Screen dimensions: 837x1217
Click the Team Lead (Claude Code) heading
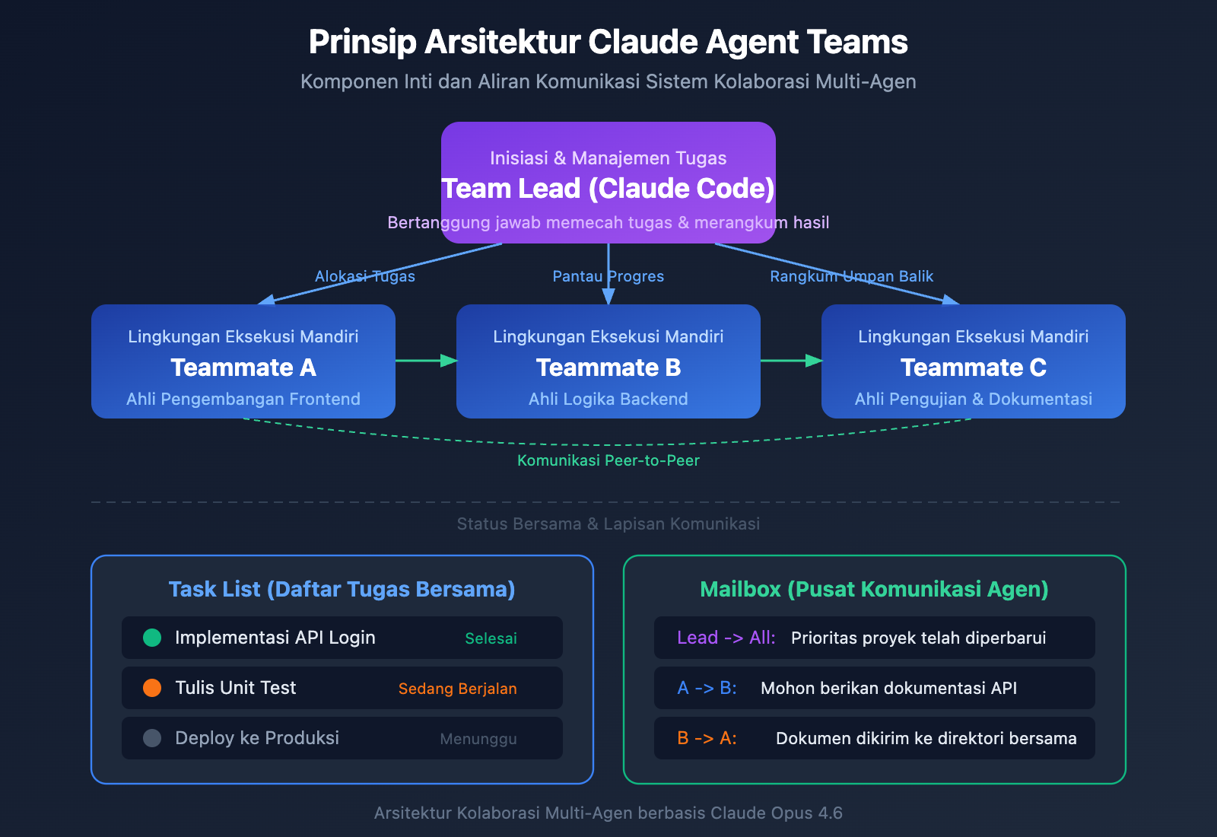click(608, 189)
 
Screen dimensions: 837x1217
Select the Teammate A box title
click(243, 368)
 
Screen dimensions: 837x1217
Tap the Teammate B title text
click(608, 368)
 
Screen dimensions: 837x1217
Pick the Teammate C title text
click(974, 368)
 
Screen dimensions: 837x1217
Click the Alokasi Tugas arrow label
click(365, 276)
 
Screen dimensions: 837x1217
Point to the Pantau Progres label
click(608, 276)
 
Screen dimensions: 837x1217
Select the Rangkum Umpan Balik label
click(851, 276)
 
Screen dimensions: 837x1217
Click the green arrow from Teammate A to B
click(426, 360)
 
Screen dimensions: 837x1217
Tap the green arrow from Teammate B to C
click(791, 360)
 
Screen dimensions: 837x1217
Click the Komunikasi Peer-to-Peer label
click(608, 460)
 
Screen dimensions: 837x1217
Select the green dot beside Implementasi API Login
click(152, 638)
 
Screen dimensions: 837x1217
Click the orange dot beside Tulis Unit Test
click(152, 688)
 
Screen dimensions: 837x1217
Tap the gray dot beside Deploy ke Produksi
click(152, 738)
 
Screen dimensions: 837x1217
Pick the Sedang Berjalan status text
click(457, 689)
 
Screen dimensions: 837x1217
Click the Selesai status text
click(491, 638)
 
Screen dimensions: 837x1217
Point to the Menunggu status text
click(478, 739)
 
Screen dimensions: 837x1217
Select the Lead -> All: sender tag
click(726, 638)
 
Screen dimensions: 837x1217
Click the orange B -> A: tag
click(707, 738)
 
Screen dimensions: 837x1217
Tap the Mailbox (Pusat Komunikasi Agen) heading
click(874, 589)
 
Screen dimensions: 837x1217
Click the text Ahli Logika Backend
click(608, 399)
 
